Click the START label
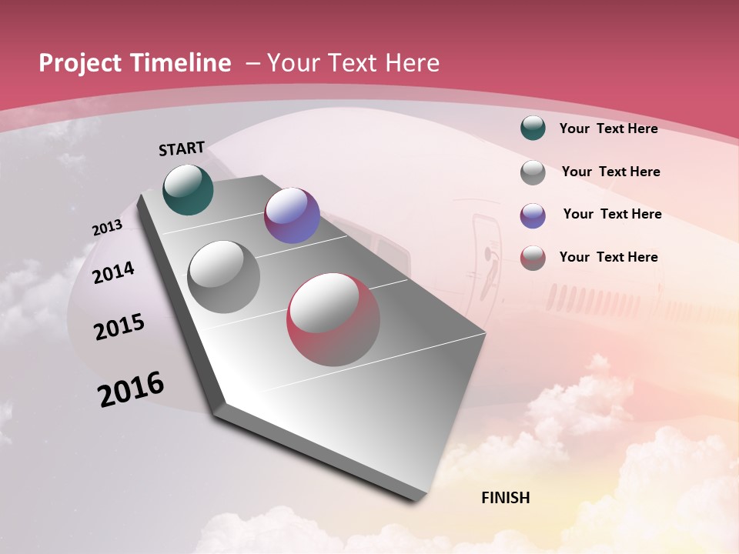pos(182,149)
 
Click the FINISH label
pos(505,498)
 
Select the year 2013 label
pos(107,228)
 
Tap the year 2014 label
pos(113,272)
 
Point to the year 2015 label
pos(119,327)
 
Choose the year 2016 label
pos(131,389)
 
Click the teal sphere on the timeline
pos(188,190)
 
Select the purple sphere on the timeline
pos(292,215)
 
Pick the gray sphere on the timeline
pos(223,277)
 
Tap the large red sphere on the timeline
pos(333,319)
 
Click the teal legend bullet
pos(533,128)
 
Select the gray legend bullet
pos(533,172)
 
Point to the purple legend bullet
pos(533,215)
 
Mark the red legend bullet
pos(533,258)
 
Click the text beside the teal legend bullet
pos(608,128)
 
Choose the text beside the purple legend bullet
pos(612,214)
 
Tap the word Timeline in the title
pos(184,63)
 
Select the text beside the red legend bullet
pos(608,257)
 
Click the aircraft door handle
pos(487,252)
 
